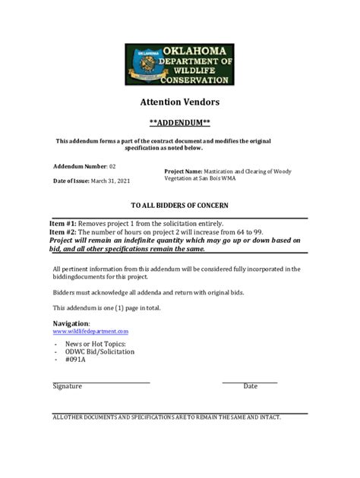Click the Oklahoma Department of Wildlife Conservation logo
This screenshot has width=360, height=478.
point(179,64)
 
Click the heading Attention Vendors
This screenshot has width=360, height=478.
point(179,102)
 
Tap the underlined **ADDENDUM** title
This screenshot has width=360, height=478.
point(179,122)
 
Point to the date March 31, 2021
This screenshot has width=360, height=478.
point(111,181)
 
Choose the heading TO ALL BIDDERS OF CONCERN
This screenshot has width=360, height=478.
point(179,206)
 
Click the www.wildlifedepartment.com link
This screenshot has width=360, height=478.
point(90,332)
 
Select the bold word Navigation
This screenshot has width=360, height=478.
point(71,324)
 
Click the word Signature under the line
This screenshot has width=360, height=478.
point(67,386)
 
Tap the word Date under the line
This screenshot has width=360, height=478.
point(250,386)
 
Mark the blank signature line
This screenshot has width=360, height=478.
point(101,380)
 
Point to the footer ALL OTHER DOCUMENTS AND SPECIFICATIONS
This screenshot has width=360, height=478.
point(166,417)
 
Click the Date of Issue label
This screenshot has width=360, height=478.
point(71,181)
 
